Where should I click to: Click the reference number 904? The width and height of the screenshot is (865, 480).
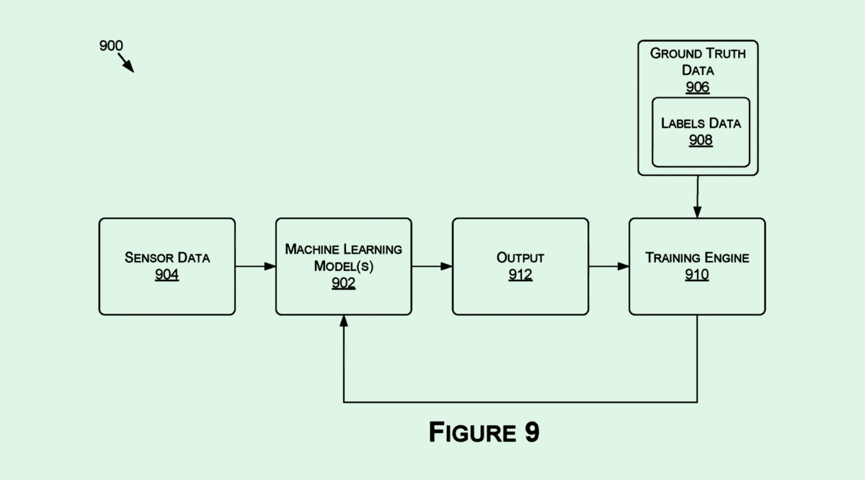[x=167, y=275]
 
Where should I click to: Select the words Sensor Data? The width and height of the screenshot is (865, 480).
[x=167, y=258]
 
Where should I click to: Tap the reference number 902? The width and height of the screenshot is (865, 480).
[x=343, y=283]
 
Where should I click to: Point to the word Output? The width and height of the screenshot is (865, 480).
[x=520, y=258]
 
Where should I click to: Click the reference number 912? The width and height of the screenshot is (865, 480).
[x=520, y=275]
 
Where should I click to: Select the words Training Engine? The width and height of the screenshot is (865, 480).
[x=697, y=258]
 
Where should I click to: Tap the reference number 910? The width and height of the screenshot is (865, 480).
[x=697, y=275]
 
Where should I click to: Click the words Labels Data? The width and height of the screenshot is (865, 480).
[x=701, y=123]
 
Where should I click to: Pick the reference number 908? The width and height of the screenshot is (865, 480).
[x=701, y=140]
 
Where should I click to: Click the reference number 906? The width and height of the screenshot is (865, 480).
[x=697, y=87]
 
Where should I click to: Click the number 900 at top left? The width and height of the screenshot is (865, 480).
[x=111, y=46]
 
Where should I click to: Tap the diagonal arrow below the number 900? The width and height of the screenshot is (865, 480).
[x=126, y=63]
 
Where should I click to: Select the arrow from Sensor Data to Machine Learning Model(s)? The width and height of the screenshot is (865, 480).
[x=255, y=267]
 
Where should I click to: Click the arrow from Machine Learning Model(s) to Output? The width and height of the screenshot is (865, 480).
[x=432, y=267]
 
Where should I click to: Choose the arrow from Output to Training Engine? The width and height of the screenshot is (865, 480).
[x=608, y=267]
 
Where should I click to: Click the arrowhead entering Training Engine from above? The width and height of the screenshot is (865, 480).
[x=697, y=213]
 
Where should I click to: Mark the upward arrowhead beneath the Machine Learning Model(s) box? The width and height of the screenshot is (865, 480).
[x=344, y=321]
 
